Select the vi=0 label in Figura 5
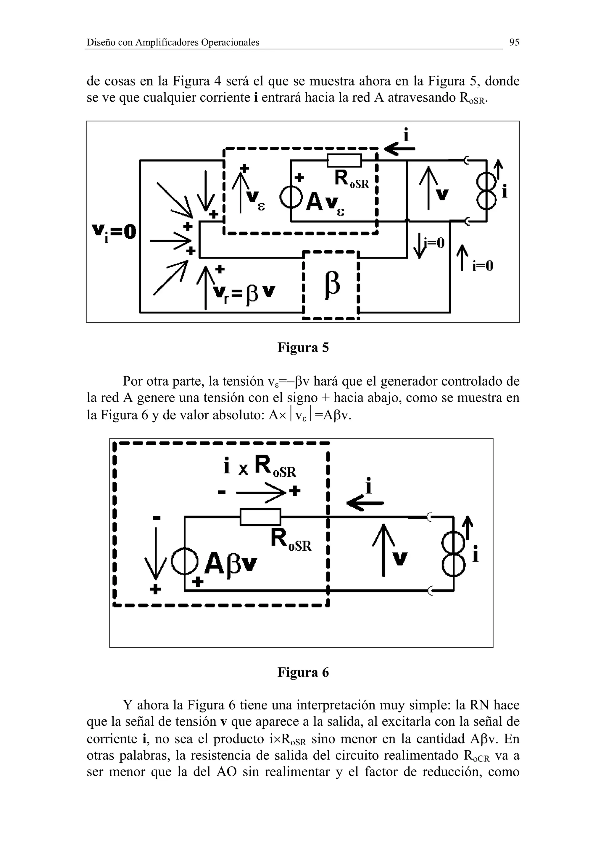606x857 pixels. coord(114,232)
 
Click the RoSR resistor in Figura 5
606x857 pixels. coord(344,161)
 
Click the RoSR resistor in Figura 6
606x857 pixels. coord(260,517)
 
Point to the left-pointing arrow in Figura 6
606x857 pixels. coord(365,503)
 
